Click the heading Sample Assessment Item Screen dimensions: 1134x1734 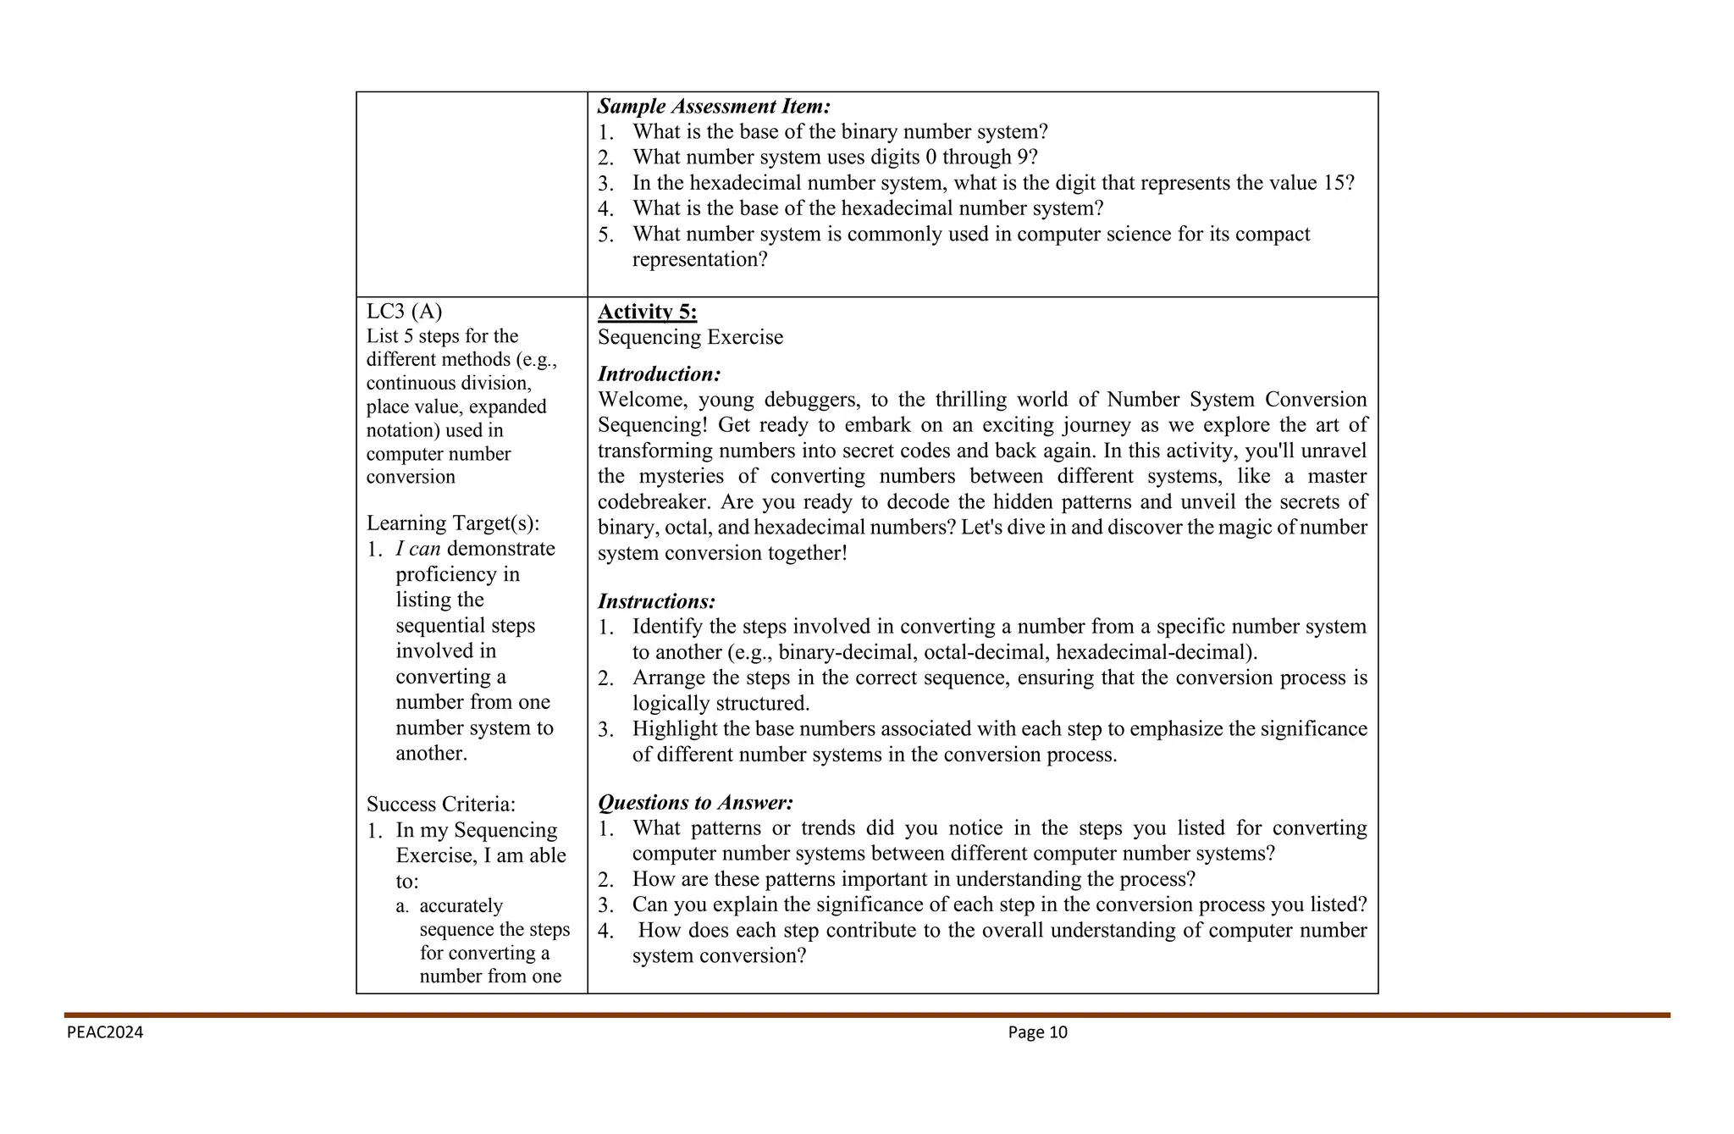tap(714, 107)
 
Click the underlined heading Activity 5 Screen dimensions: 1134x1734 tap(647, 312)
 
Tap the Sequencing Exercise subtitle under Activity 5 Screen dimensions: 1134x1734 tap(690, 337)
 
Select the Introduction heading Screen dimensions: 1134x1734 tap(659, 374)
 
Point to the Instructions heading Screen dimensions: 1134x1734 tap(656, 601)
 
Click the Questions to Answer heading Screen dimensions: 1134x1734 tap(695, 802)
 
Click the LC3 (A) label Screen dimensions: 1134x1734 tap(404, 312)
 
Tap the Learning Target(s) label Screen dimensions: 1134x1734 tap(452, 523)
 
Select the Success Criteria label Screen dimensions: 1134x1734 tap(440, 804)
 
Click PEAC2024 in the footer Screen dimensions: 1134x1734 tap(105, 1032)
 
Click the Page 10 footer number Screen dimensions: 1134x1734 tap(1037, 1032)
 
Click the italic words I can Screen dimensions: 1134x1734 tap(417, 549)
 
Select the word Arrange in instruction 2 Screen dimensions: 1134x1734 tap(666, 678)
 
